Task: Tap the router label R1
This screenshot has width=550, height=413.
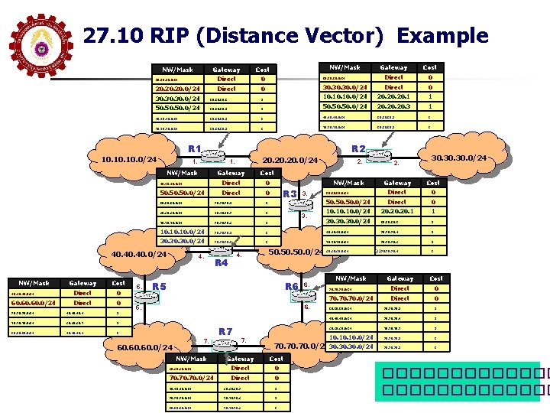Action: [x=193, y=148]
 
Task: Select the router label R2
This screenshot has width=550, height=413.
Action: [x=357, y=148]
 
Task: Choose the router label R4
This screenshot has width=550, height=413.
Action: [x=222, y=262]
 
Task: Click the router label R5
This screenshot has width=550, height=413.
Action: [x=159, y=287]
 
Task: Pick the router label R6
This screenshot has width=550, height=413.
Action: [x=291, y=286]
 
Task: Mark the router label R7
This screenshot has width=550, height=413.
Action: [x=225, y=330]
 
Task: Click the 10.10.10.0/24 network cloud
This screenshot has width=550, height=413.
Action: [x=128, y=160]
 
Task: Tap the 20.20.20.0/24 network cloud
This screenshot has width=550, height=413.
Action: [x=290, y=161]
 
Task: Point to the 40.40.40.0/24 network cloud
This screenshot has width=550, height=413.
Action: [x=138, y=254]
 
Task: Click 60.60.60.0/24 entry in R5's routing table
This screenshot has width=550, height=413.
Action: [x=32, y=303]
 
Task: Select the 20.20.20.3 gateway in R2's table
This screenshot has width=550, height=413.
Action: [x=393, y=106]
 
